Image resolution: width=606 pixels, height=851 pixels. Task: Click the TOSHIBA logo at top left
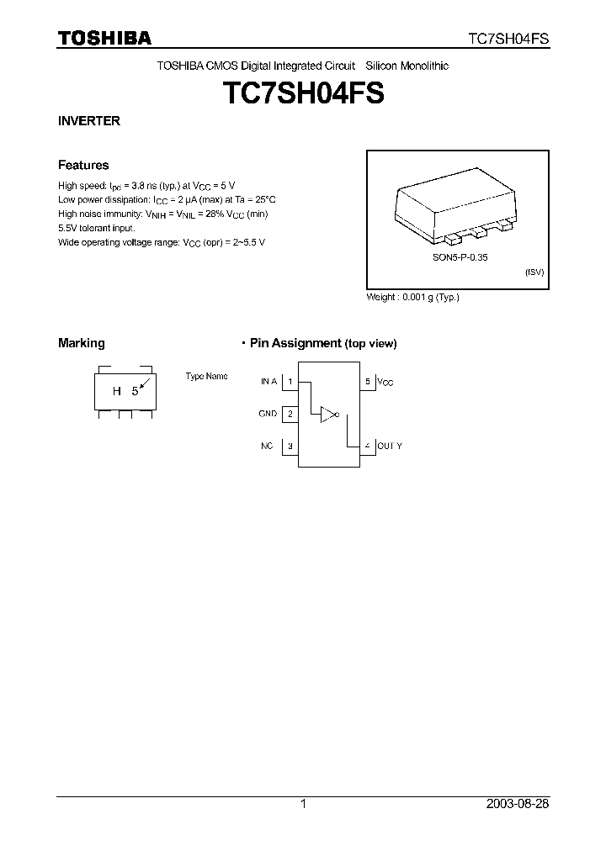coord(104,38)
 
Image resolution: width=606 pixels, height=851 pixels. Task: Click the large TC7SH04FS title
coord(302,92)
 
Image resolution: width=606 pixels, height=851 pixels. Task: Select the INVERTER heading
coord(88,121)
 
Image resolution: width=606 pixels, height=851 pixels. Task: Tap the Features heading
coord(83,166)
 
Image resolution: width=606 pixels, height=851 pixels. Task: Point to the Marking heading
coord(82,343)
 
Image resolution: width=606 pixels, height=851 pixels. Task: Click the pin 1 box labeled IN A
coord(290,382)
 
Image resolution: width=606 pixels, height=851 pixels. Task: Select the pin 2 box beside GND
coord(290,414)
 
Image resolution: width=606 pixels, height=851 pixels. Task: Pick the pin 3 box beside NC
coord(290,446)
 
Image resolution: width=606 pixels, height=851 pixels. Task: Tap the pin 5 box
coord(367,382)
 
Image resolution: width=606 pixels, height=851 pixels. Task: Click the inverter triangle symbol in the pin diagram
coord(327,414)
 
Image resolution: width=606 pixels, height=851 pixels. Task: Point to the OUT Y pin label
coord(390,446)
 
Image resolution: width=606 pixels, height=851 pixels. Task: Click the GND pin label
coord(268,414)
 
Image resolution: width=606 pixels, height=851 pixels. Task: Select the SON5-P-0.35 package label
coord(454,258)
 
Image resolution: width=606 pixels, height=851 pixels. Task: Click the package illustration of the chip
coord(455,205)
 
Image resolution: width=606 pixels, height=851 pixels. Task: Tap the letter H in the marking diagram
coord(118,391)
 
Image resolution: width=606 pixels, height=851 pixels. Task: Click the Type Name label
coord(206,377)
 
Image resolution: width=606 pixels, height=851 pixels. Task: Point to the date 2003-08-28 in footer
coord(518,804)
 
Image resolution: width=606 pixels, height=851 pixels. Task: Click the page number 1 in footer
coord(303,804)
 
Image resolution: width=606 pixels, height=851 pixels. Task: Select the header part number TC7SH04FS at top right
coord(509,39)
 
